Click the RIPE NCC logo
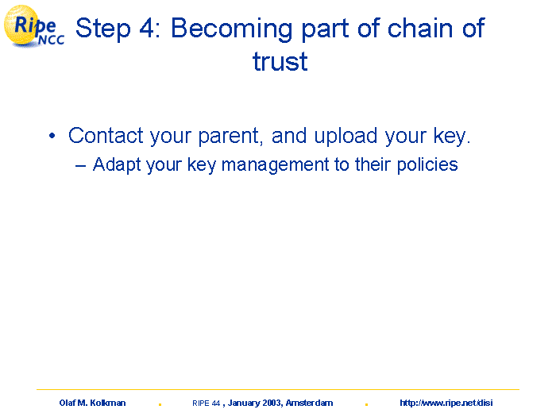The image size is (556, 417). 34,27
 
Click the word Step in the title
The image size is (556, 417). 102,29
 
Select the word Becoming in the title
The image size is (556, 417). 232,29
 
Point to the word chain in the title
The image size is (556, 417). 420,28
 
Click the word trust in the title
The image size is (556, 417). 280,61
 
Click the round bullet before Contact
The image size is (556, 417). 52,136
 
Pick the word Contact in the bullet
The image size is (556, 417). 106,136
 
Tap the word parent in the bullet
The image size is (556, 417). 230,137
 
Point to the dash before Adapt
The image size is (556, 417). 80,165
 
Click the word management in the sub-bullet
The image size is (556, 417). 275,166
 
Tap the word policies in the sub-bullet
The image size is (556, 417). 427,165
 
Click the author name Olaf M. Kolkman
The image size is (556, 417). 93,403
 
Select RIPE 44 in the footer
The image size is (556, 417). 207,403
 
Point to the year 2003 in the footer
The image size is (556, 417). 272,403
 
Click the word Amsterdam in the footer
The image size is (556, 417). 309,403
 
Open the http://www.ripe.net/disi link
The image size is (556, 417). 446,403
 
